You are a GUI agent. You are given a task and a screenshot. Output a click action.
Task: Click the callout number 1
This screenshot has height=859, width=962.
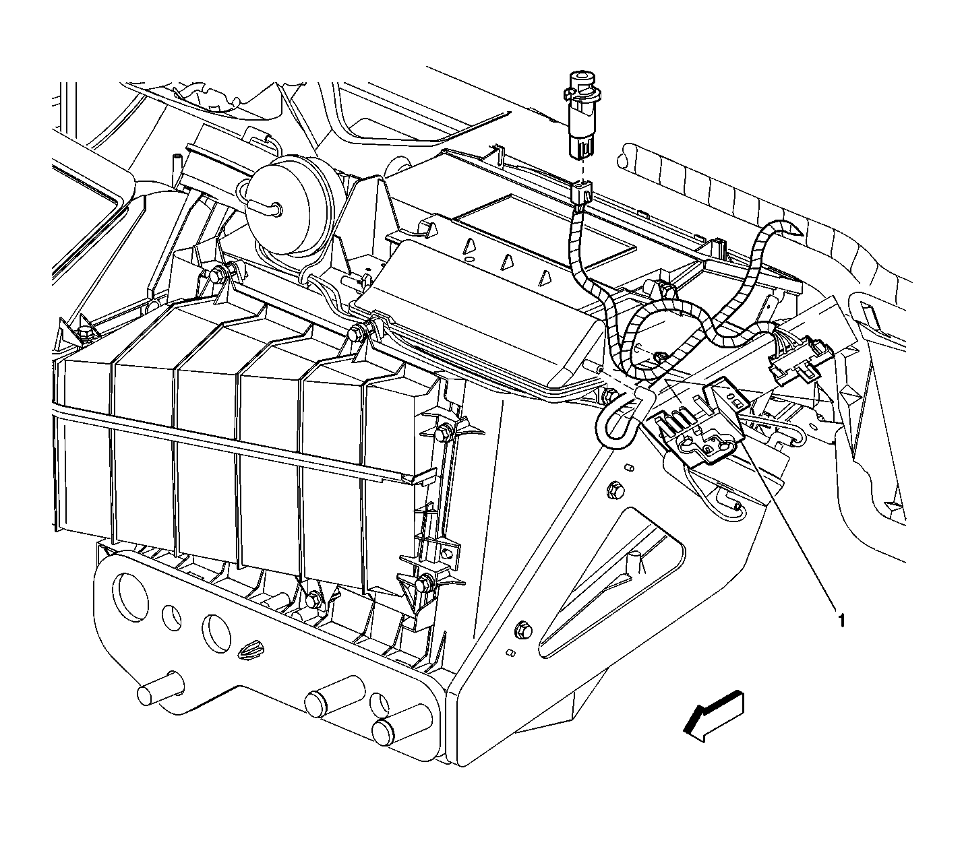pyautogui.click(x=841, y=621)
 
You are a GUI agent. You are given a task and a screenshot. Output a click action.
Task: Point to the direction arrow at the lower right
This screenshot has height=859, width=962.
pyautogui.click(x=713, y=716)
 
